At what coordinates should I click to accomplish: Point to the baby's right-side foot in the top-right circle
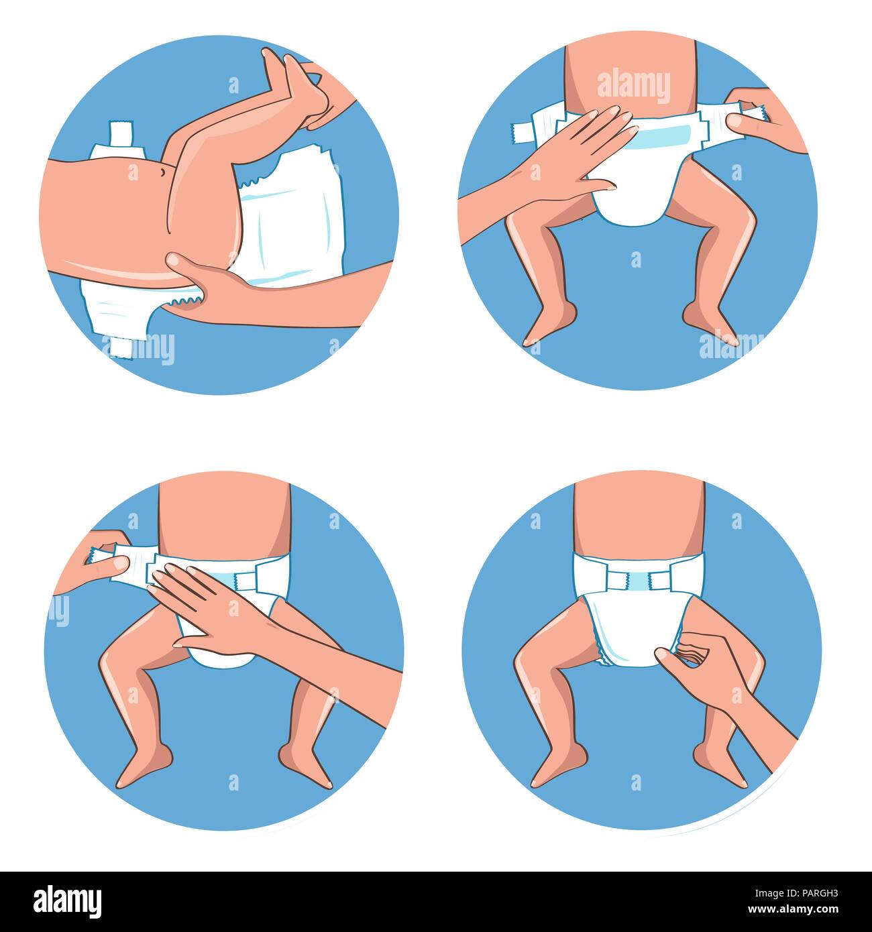pyautogui.click(x=712, y=327)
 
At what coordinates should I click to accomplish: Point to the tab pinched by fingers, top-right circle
pyautogui.click(x=751, y=113)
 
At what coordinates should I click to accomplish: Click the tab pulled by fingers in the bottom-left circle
pyautogui.click(x=101, y=555)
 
